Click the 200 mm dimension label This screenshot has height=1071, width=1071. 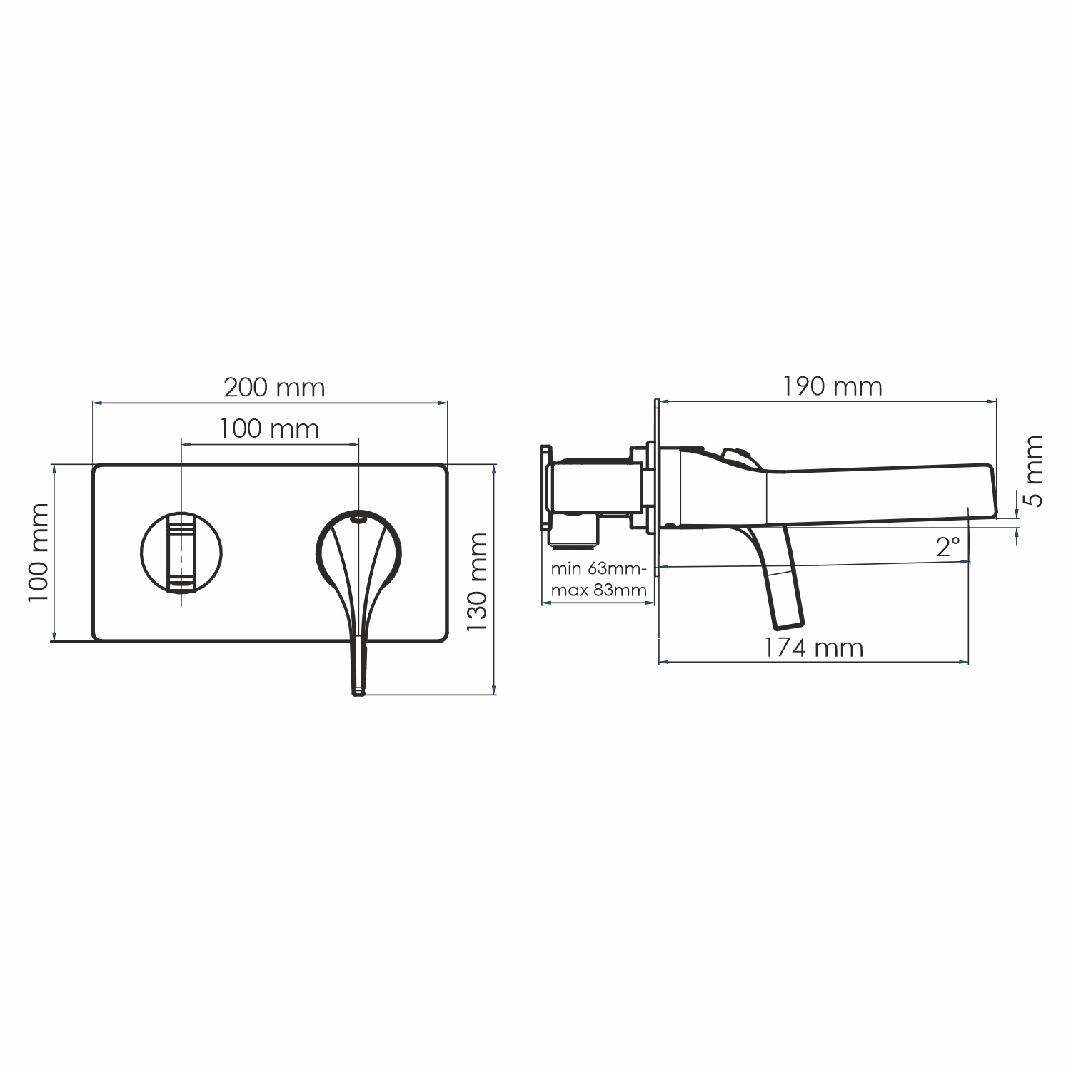pyautogui.click(x=274, y=388)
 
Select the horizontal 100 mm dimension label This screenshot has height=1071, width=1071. pyautogui.click(x=268, y=429)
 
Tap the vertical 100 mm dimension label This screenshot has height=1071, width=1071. pyautogui.click(x=39, y=552)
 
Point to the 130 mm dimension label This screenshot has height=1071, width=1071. pyautogui.click(x=476, y=582)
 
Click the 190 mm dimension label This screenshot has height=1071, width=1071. pyautogui.click(x=832, y=387)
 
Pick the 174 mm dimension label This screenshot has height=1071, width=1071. pyautogui.click(x=813, y=648)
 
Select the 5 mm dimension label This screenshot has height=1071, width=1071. pyautogui.click(x=1032, y=471)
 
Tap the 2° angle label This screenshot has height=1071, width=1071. pyautogui.click(x=948, y=548)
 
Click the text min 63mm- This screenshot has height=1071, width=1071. pyautogui.click(x=598, y=569)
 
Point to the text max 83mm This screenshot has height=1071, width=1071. pyautogui.click(x=598, y=590)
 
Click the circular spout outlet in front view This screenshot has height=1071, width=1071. pyautogui.click(x=181, y=553)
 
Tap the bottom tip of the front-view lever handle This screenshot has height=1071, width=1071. pyautogui.click(x=358, y=690)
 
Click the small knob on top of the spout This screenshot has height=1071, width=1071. pyautogui.click(x=735, y=455)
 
